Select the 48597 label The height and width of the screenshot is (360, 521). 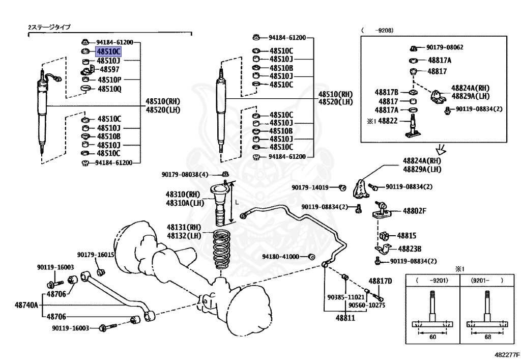(109, 69)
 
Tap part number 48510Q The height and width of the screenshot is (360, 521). (109, 89)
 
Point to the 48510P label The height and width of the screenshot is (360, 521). (109, 79)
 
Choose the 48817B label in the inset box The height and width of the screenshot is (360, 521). (386, 92)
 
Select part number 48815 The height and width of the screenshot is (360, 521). (407, 236)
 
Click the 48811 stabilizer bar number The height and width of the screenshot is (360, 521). (345, 317)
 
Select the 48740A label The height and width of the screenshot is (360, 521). (26, 305)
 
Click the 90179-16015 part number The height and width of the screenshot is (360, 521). (96, 255)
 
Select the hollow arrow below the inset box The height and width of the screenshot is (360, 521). (441, 149)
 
